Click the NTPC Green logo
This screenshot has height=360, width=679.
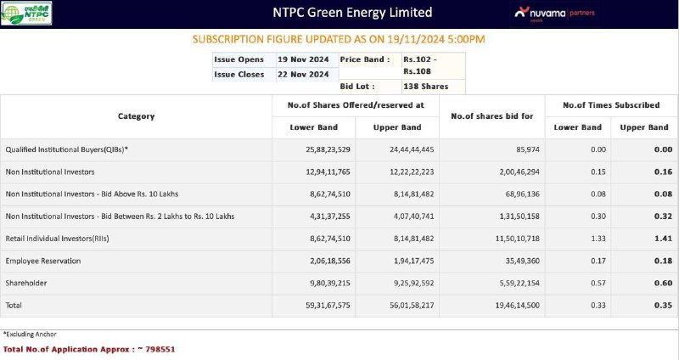26,14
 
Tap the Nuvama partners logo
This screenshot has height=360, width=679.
555,14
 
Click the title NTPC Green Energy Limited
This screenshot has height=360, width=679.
352,12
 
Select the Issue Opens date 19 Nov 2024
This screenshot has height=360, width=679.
303,59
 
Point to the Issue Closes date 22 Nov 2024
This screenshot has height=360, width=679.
303,74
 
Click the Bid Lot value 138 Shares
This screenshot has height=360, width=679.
426,87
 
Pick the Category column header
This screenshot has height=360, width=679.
136,116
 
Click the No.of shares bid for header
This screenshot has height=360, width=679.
492,116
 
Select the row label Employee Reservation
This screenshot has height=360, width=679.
43,261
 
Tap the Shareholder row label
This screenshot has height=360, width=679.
26,283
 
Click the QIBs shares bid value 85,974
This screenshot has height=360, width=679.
527,149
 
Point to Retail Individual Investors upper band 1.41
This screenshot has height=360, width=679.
663,239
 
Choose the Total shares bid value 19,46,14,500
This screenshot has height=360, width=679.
518,305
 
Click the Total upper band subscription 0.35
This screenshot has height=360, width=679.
663,305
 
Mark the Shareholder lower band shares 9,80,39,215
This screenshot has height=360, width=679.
330,283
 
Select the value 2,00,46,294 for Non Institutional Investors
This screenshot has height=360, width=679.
519,172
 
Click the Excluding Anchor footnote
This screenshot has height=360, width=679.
30,334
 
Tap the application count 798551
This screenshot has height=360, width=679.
160,349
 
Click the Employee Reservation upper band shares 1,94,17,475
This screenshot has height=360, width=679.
413,261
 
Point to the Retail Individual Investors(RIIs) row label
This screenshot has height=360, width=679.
57,239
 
